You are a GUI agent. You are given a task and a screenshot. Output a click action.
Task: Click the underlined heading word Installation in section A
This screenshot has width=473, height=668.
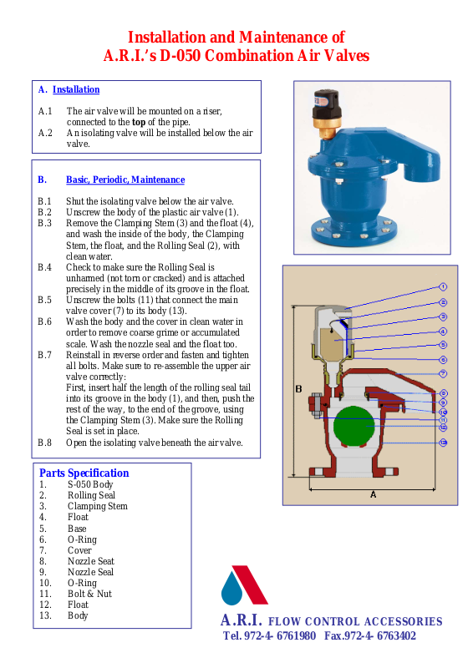(76, 89)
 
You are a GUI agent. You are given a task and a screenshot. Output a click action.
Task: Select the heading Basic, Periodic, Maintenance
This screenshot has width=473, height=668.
(125, 180)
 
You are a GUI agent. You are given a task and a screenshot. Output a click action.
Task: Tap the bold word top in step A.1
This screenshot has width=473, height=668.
(139, 122)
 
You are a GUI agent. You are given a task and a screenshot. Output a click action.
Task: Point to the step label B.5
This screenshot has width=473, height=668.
(44, 300)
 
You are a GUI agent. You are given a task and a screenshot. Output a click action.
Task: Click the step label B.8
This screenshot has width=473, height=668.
(44, 443)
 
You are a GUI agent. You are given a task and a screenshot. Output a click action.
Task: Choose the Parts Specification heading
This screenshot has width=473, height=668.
(84, 473)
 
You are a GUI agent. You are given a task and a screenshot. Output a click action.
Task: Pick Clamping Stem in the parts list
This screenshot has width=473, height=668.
(98, 506)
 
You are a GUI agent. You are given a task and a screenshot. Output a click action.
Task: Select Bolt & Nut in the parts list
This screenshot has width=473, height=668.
(89, 594)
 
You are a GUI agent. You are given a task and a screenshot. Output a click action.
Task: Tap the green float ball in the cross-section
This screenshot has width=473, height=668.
(354, 427)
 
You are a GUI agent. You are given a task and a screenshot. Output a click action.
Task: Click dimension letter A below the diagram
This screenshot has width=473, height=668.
(374, 494)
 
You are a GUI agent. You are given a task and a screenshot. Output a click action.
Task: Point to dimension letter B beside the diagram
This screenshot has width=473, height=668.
(298, 389)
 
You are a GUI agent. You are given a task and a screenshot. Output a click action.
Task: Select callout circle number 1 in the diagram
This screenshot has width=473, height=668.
(443, 287)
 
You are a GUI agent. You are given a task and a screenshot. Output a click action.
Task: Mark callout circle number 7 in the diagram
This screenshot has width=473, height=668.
(443, 373)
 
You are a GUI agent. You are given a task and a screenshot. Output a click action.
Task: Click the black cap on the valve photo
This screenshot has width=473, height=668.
(326, 104)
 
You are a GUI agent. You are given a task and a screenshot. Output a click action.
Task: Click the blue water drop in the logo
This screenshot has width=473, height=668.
(231, 589)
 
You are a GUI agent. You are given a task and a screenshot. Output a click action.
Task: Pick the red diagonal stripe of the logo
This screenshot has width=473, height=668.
(250, 584)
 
